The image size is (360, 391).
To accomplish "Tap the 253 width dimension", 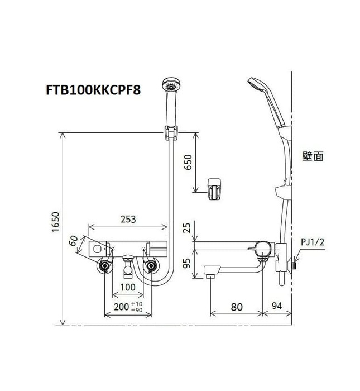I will point(128,219).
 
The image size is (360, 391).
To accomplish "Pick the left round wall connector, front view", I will point(104,266).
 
